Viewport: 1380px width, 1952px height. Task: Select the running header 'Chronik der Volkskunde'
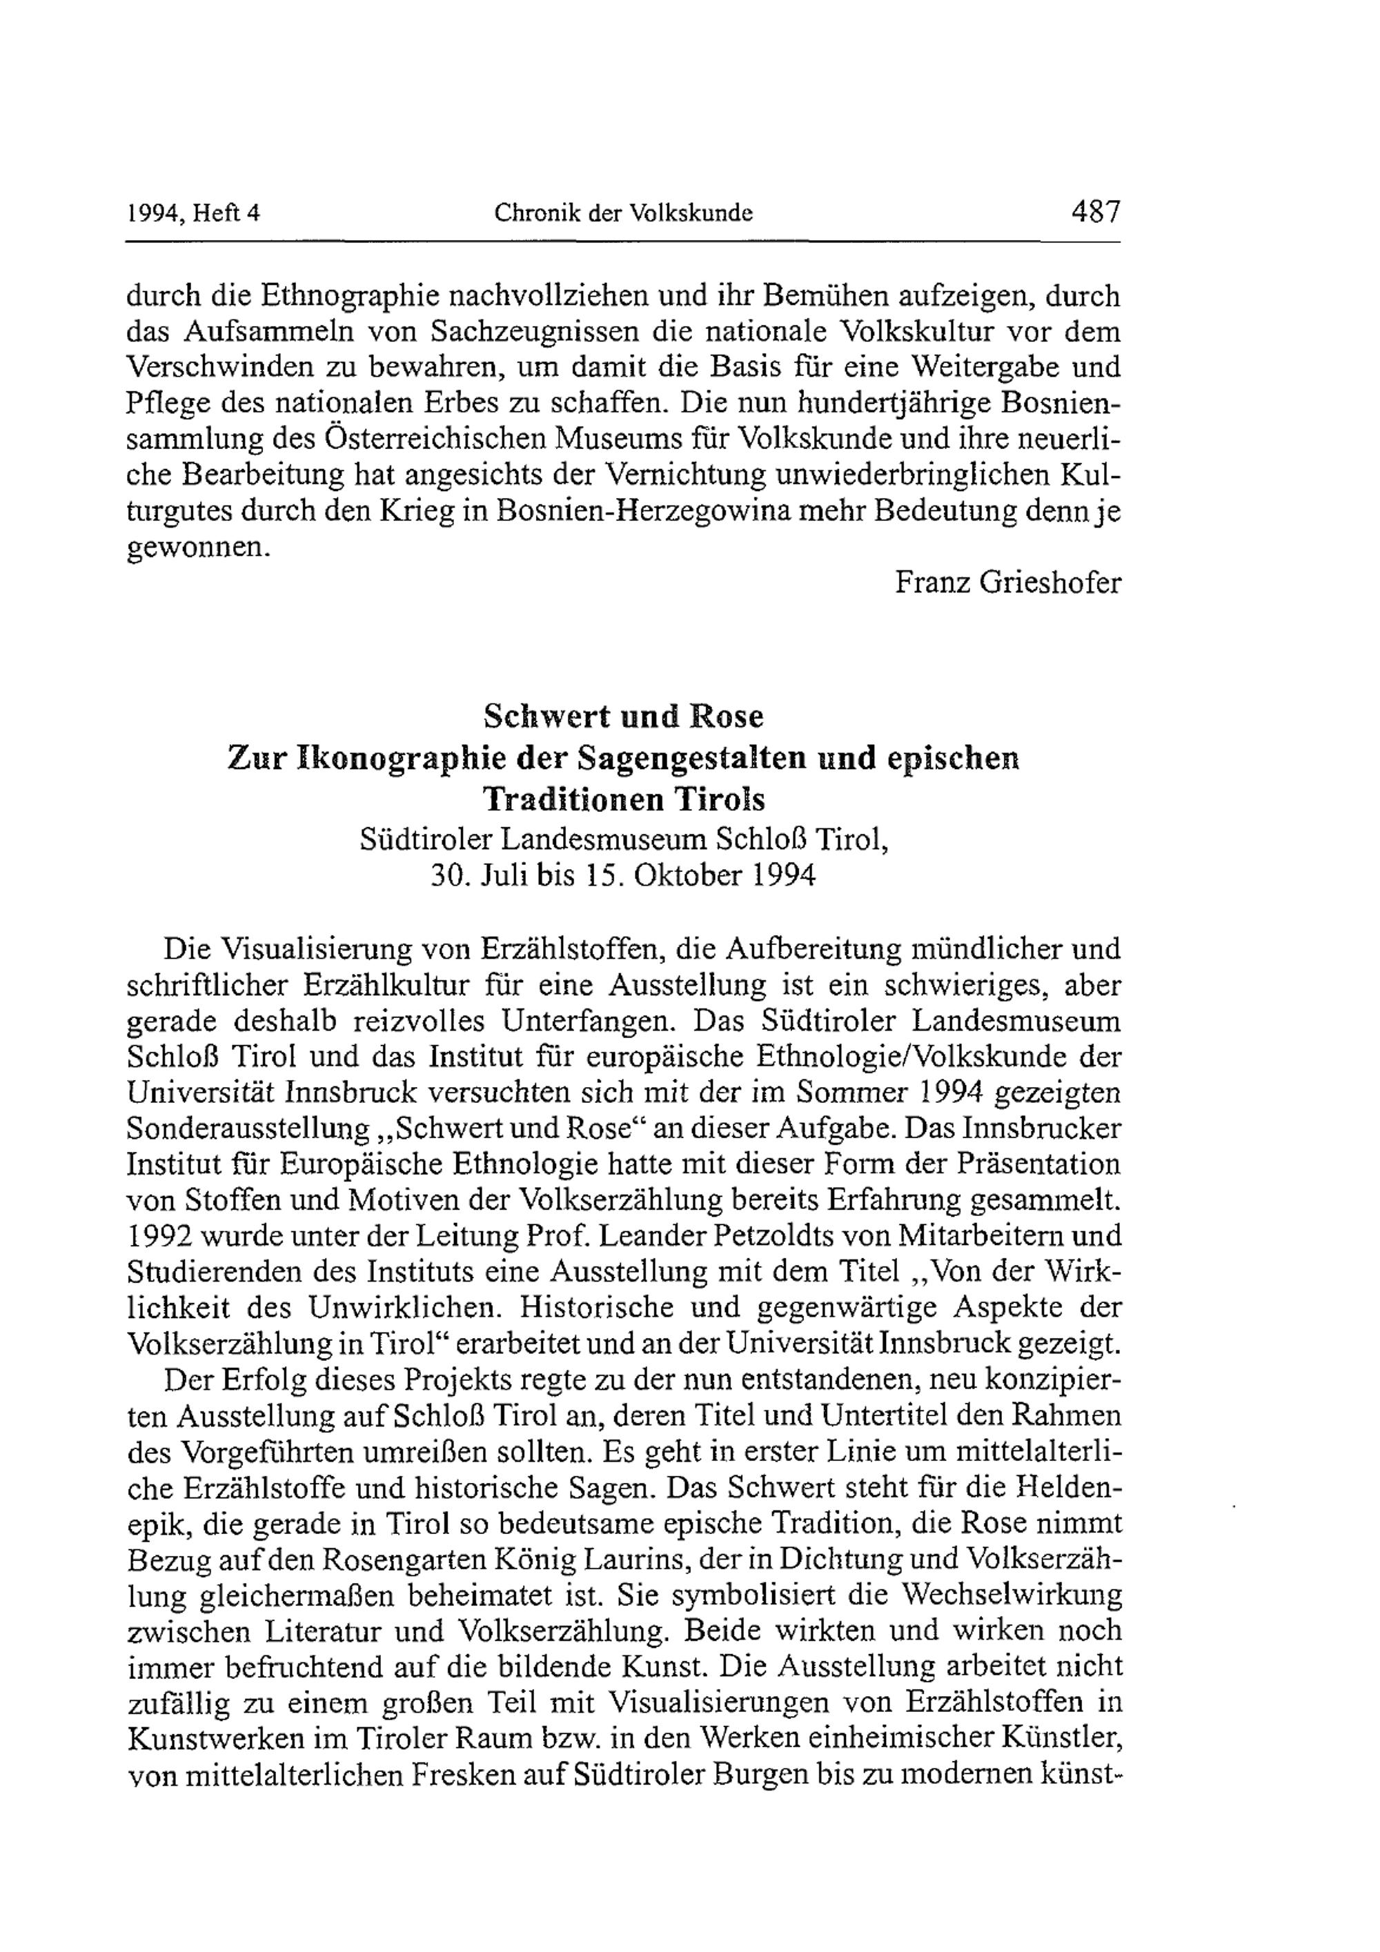(623, 212)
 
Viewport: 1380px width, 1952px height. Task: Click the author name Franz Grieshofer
(1007, 584)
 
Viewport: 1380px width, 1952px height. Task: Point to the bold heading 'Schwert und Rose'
(623, 717)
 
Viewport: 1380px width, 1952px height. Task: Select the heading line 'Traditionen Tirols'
(623, 799)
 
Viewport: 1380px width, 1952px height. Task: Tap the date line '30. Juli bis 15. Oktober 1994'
(623, 876)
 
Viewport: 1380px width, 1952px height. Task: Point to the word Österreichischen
(451, 440)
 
